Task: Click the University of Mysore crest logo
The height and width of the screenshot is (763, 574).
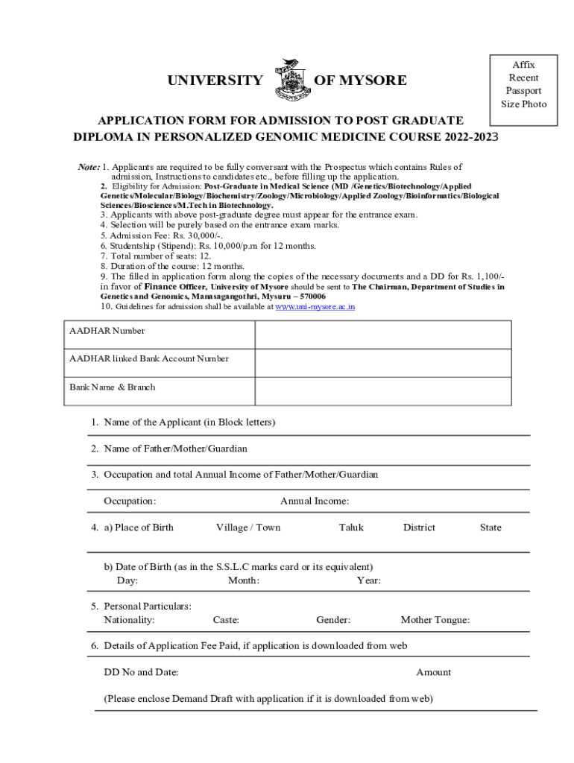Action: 288,80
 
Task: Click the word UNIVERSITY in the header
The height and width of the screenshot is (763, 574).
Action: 215,80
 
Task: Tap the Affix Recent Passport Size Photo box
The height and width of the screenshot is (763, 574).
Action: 523,84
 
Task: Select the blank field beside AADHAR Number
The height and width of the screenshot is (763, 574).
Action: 382,335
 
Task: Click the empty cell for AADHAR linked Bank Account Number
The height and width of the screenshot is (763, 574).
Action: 382,363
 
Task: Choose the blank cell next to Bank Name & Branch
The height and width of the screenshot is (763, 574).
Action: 382,391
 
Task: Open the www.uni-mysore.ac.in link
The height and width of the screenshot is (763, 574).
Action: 315,306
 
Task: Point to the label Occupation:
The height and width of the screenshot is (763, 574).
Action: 130,501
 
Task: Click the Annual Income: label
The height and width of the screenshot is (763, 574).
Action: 315,501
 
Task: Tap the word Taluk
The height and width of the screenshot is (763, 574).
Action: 351,528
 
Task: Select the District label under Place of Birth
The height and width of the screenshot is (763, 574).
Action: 419,528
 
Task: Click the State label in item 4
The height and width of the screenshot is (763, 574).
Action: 491,528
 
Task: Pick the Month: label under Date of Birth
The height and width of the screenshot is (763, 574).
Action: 244,580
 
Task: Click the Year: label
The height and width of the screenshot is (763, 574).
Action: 369,580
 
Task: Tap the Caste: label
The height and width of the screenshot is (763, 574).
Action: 226,620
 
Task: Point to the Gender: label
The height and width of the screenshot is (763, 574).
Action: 333,620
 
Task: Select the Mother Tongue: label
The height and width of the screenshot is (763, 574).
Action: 435,620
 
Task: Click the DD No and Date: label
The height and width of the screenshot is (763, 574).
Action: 141,672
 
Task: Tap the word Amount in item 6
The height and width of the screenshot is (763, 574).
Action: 433,672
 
